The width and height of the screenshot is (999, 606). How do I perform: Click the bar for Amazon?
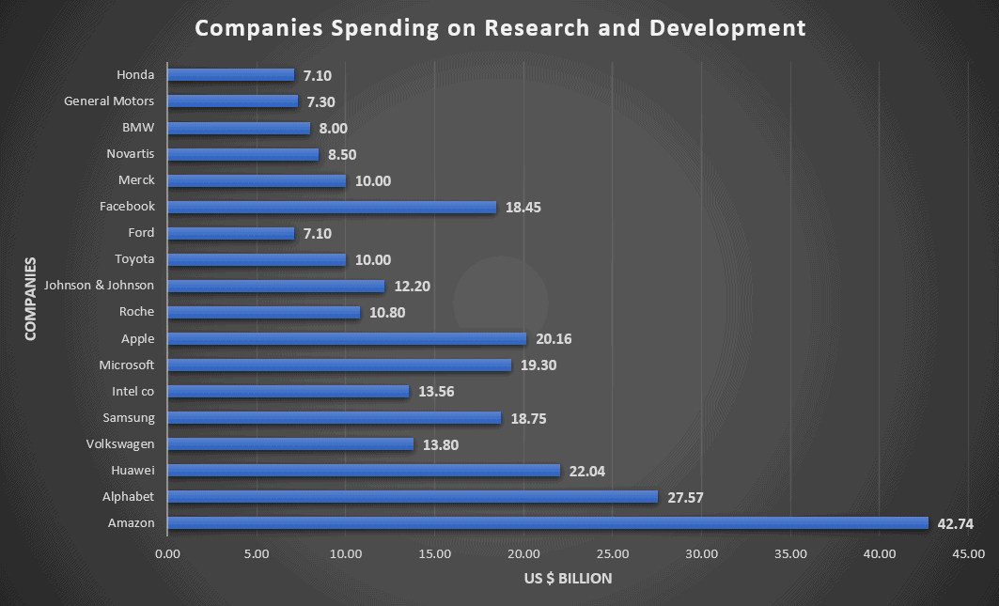pos(547,523)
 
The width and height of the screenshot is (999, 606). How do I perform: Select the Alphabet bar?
pos(412,497)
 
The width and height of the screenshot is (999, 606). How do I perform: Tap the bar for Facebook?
pos(331,207)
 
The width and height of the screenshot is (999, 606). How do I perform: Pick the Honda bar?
pos(230,75)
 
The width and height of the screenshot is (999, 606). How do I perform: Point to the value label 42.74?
pos(956,523)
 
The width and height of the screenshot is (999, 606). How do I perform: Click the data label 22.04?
pos(587,471)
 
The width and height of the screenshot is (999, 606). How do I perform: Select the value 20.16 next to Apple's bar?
pos(554,339)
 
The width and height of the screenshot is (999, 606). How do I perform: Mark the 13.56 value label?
pos(436,392)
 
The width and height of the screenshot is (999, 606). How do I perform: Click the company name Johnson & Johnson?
pos(99,286)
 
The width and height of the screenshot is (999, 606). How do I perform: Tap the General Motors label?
pos(109,101)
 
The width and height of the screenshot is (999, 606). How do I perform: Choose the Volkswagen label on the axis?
pos(120,444)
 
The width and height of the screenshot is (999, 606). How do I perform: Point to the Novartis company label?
pos(131,154)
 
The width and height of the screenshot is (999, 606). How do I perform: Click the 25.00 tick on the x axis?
pos(612,553)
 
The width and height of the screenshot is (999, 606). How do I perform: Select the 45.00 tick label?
pos(967,553)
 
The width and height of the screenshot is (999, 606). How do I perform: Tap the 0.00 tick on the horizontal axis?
pos(167,553)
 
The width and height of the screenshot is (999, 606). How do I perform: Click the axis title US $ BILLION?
pos(568,579)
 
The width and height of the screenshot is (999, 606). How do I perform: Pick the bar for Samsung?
pos(334,418)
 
